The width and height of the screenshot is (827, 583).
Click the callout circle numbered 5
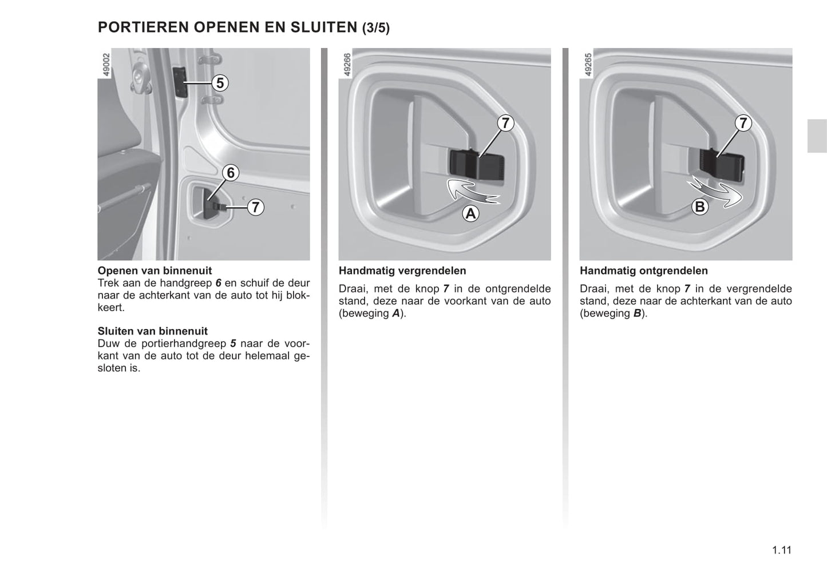(219, 83)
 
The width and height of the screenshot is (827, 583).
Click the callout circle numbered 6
(231, 172)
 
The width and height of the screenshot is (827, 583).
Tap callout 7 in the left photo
(255, 207)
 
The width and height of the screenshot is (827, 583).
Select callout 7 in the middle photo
(505, 123)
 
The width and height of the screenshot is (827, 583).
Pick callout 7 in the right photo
(742, 123)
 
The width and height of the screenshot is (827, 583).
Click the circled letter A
(470, 214)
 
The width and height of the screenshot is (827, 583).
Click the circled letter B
(699, 207)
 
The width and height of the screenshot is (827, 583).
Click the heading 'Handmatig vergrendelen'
(402, 271)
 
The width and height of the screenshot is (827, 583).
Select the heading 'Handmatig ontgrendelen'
(644, 271)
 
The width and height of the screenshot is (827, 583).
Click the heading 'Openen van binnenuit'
(155, 271)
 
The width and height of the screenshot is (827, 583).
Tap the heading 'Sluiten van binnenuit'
(153, 331)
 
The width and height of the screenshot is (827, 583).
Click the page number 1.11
(781, 550)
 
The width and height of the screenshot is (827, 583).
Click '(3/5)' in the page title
(376, 28)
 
